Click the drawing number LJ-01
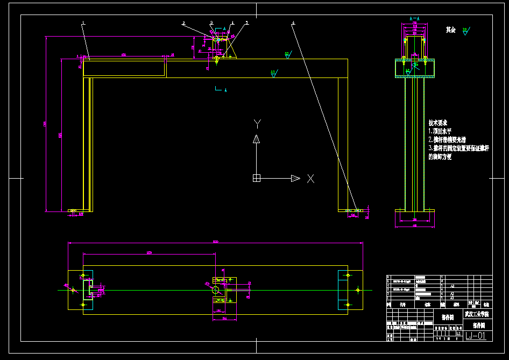point(476,336)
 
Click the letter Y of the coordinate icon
point(257,123)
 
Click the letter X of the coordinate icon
point(310,178)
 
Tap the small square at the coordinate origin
point(257,178)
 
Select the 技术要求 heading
point(438,123)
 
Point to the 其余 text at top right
point(451,30)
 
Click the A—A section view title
point(414,19)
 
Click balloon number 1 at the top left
point(83,23)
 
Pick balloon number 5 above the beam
point(247,23)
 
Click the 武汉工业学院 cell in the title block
point(477,314)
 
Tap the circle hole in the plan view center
point(216,290)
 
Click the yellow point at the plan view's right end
point(358,290)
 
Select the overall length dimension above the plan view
point(215,242)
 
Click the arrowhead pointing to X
point(295,178)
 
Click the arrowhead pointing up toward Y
point(257,139)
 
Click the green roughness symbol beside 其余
point(465,31)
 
